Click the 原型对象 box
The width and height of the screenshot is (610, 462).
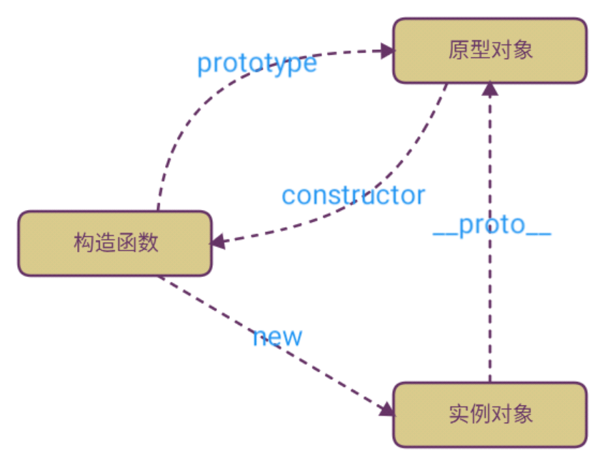coord(489,51)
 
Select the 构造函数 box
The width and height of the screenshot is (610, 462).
coord(115,243)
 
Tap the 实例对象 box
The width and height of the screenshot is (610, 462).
coord(489,414)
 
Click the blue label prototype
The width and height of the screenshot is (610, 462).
coord(257,64)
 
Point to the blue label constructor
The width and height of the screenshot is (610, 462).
coord(354,195)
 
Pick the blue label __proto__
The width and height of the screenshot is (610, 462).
coord(492,225)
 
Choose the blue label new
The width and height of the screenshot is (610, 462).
coord(277,337)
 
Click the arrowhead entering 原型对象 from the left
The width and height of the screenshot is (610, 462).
coord(388,51)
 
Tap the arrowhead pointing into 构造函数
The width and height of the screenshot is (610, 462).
coord(217,241)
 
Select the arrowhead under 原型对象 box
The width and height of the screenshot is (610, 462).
coord(489,89)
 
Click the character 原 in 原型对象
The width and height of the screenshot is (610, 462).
coord(459,51)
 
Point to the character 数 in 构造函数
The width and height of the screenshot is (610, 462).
coord(147,243)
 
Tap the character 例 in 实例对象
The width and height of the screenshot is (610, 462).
coord(479,414)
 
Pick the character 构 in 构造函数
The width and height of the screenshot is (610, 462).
coord(84,243)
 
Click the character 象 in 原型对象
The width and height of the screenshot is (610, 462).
coord(521,51)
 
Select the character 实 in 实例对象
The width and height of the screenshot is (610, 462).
coord(459,414)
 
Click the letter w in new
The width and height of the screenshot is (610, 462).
coord(293,337)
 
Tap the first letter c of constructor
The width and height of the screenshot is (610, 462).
coord(289,196)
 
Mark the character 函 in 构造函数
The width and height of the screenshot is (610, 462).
coord(126,243)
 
